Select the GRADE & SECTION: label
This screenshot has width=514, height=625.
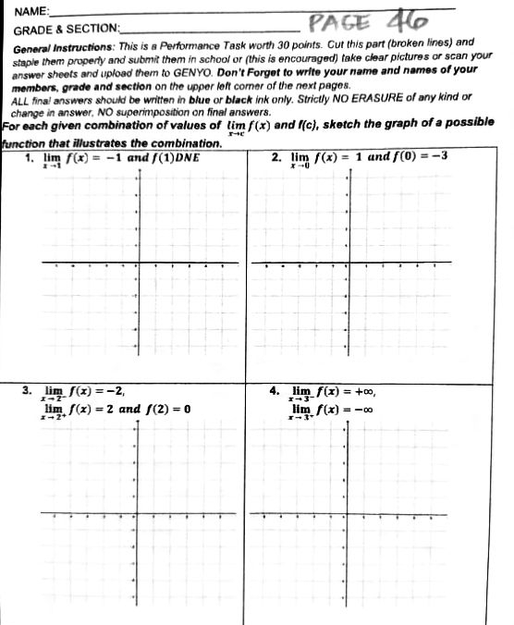coord(66,30)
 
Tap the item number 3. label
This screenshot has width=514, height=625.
coord(28,390)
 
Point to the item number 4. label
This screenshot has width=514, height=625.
coord(275,390)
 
